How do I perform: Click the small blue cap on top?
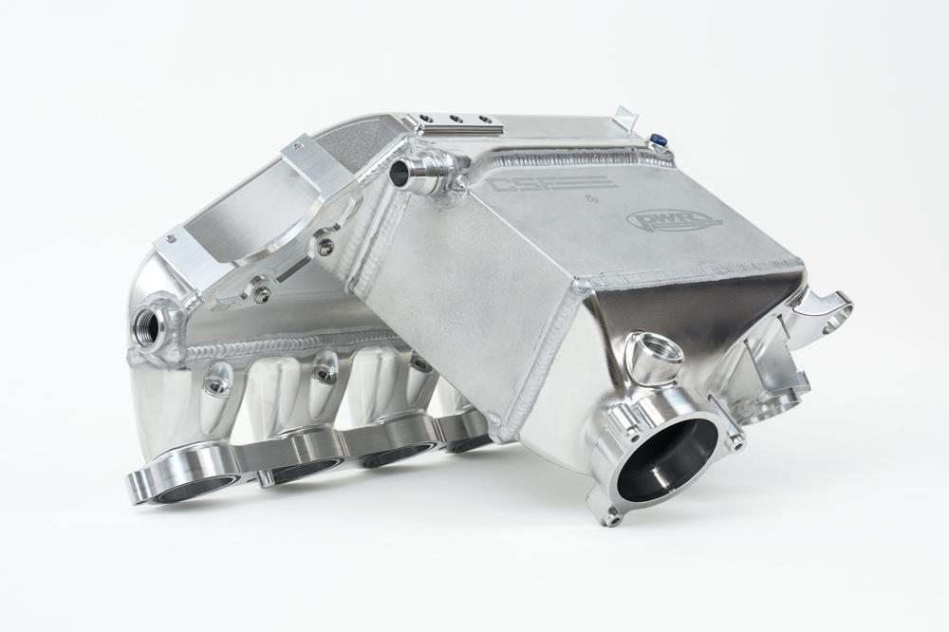[x=657, y=143]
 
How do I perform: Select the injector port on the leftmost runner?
[x=218, y=382]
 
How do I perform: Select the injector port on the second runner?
[x=324, y=371]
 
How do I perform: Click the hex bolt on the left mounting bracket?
[x=260, y=294]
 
